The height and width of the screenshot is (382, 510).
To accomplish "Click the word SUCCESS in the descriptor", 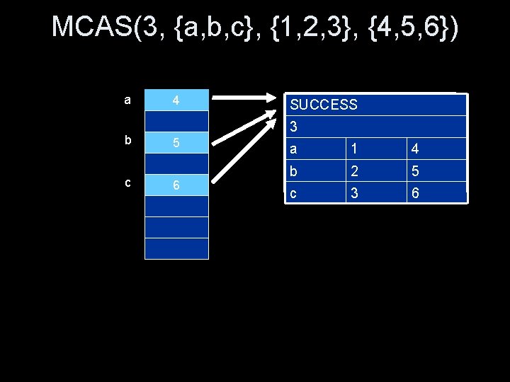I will tap(324, 105).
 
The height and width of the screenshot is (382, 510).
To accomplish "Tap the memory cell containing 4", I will tap(177, 100).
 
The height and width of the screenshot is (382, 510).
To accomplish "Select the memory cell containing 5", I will tap(177, 142).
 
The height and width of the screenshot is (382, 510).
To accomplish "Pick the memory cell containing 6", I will tap(177, 185).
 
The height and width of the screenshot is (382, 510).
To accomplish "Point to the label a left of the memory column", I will tap(127, 100).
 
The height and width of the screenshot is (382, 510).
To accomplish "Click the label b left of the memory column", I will tap(127, 140).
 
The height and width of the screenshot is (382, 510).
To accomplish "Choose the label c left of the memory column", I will tap(127, 182).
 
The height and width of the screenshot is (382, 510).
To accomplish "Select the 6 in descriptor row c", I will tap(414, 192).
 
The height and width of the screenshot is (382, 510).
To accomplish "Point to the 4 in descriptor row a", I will tap(414, 149).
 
